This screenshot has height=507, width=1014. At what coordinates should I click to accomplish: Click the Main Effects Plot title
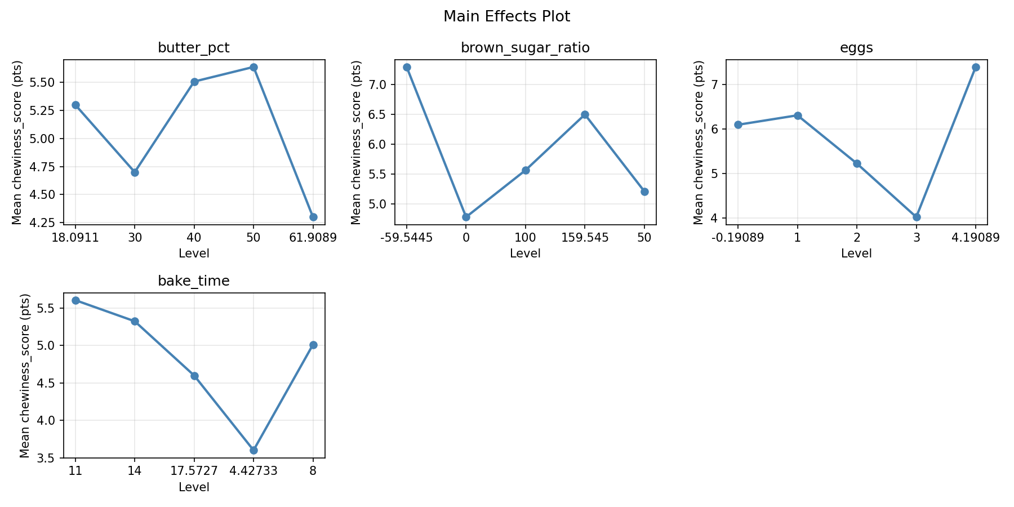click(x=506, y=16)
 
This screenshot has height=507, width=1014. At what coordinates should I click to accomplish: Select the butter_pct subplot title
click(x=194, y=48)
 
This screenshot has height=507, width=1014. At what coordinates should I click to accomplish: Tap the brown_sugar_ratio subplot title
click(x=525, y=48)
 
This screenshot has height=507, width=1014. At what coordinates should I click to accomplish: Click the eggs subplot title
click(x=856, y=48)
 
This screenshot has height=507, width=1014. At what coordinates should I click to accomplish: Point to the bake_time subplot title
click(x=194, y=281)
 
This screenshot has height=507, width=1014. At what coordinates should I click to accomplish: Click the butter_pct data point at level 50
click(x=253, y=67)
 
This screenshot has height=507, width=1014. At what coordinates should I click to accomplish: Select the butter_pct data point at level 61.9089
click(x=313, y=217)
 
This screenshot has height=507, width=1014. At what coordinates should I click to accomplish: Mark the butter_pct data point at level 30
click(x=135, y=172)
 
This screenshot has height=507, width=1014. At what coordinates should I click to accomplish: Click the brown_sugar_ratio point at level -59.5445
click(x=407, y=67)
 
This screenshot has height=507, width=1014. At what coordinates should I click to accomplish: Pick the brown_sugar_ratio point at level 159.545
click(x=585, y=114)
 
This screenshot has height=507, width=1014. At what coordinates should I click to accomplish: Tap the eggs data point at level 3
click(x=917, y=217)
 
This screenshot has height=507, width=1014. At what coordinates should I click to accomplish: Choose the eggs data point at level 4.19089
click(x=976, y=67)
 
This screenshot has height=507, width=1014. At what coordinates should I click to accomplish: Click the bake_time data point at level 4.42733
click(x=253, y=450)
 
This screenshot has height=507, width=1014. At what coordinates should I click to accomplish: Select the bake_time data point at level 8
click(x=313, y=345)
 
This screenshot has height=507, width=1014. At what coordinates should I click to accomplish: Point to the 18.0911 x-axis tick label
click(x=75, y=238)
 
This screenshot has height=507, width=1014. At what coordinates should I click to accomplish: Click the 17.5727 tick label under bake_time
click(x=194, y=471)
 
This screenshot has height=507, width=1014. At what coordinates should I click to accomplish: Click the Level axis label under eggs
click(x=856, y=253)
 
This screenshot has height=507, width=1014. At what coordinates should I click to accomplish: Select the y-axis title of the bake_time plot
click(x=25, y=375)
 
